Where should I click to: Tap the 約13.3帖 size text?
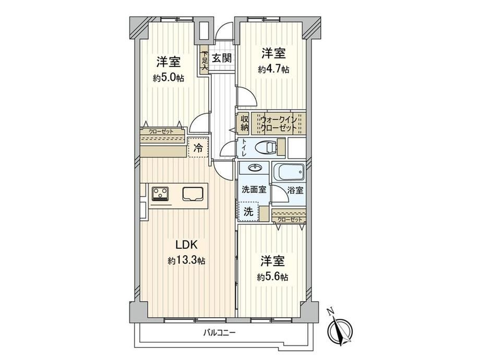click(186, 261)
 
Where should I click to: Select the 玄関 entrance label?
click(222, 58)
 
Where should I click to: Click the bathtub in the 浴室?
click(289, 172)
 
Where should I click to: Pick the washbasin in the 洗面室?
click(255, 168)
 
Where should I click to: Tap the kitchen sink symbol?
click(194, 194)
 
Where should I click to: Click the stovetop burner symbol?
click(160, 194)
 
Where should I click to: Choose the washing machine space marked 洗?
click(248, 211)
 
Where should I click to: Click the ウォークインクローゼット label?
click(278, 123)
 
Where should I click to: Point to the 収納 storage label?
click(244, 123)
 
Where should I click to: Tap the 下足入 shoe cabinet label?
click(205, 61)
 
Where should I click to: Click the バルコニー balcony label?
click(220, 332)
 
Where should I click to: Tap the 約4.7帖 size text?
click(273, 70)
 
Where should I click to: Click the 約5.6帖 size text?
click(272, 278)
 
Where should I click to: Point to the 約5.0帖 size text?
click(169, 78)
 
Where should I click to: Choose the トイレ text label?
click(244, 149)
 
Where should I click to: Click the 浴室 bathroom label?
click(296, 190)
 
